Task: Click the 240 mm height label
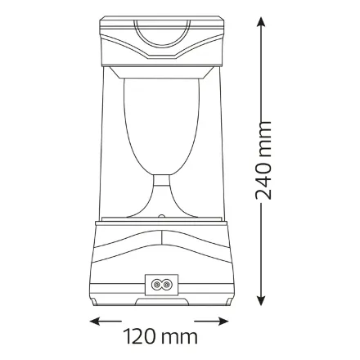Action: [x=263, y=160]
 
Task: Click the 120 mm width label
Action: [x=160, y=336]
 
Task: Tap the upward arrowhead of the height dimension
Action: [x=261, y=22]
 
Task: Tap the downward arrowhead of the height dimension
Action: [x=261, y=300]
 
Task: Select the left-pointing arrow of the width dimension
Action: [x=106, y=322]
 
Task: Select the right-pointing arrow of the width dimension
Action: [x=211, y=322]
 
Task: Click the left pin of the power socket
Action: [x=156, y=285]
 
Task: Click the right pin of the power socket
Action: [x=166, y=285]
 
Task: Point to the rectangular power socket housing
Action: [x=161, y=285]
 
